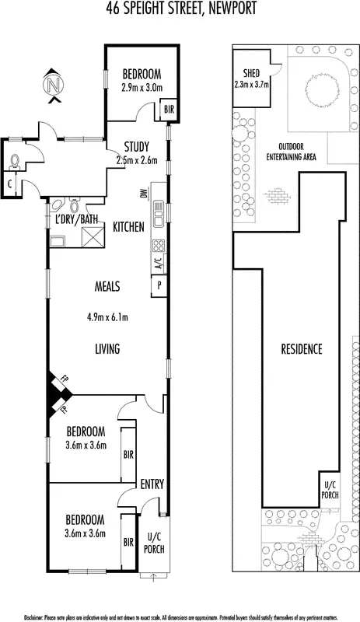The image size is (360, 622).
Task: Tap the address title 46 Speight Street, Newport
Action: tap(180, 9)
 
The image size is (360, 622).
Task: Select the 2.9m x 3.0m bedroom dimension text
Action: tap(142, 88)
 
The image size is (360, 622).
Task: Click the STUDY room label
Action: tap(142, 148)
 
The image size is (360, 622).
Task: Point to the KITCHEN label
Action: tap(128, 227)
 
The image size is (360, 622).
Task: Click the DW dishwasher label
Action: tap(145, 195)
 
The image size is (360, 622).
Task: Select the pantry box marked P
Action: tap(159, 286)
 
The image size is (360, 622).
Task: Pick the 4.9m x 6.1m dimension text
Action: tap(108, 316)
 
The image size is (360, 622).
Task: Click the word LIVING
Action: tap(107, 350)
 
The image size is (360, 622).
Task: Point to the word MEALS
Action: tap(107, 287)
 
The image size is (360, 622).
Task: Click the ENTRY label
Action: tap(152, 484)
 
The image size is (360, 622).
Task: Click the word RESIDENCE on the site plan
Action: tap(301, 349)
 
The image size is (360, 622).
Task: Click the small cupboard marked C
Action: tap(10, 184)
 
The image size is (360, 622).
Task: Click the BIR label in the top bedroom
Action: tap(168, 110)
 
